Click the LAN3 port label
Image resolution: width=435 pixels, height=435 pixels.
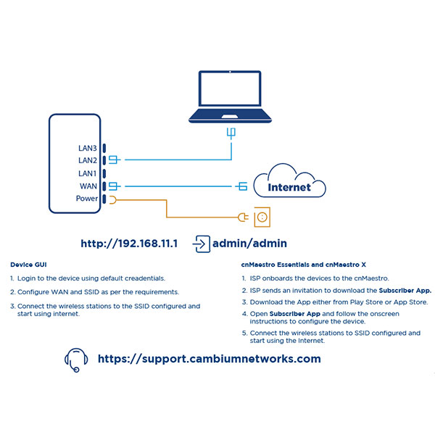87,147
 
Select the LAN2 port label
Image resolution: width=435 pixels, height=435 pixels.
87,159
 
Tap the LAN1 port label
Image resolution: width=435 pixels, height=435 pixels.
87,173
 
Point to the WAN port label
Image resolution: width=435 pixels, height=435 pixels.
88,186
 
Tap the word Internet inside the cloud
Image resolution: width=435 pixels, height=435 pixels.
289,187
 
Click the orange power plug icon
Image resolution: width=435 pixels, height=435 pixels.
244,216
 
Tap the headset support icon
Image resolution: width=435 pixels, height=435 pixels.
75,359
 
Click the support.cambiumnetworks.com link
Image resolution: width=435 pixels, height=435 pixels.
209,359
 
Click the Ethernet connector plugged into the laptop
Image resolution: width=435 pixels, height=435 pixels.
231,133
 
